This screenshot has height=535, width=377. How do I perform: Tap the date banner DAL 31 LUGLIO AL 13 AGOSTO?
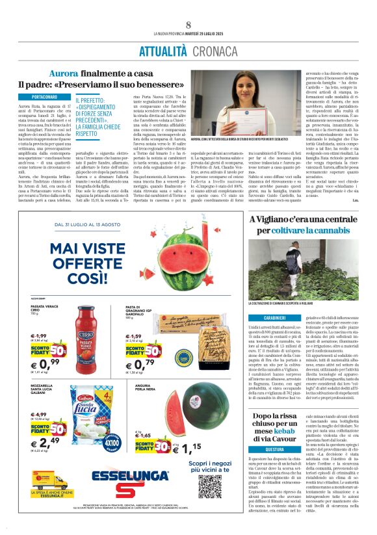pyautogui.click(x=88, y=225)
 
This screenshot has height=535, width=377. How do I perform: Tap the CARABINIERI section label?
pyautogui.click(x=265, y=316)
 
